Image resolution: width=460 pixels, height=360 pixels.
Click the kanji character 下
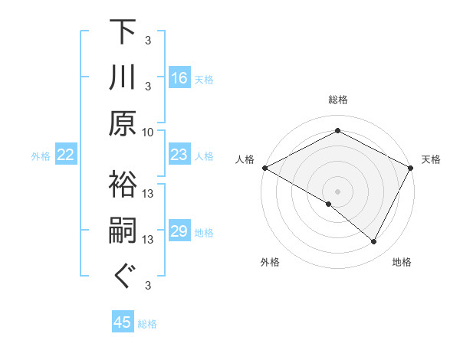pyautogui.click(x=123, y=32)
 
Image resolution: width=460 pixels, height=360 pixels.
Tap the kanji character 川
pyautogui.click(x=123, y=78)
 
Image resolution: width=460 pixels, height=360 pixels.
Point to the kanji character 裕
pyautogui.click(x=123, y=184)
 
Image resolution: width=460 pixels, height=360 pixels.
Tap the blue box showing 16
pyautogui.click(x=179, y=77)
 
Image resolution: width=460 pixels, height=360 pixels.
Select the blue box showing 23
pyautogui.click(x=179, y=155)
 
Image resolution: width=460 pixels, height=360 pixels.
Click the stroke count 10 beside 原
pyautogui.click(x=148, y=132)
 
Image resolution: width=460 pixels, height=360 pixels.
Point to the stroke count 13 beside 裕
pyautogui.click(x=148, y=193)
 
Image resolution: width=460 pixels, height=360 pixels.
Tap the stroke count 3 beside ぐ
pyautogui.click(x=148, y=286)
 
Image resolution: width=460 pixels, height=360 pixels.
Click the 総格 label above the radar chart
pyautogui.click(x=338, y=100)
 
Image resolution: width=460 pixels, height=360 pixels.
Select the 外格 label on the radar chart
pyautogui.click(x=270, y=263)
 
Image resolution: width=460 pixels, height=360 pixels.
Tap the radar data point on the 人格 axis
pyautogui.click(x=264, y=168)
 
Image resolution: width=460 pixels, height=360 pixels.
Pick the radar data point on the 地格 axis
pyautogui.click(x=374, y=242)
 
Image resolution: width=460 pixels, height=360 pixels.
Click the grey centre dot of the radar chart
pyautogui.click(x=338, y=191)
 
